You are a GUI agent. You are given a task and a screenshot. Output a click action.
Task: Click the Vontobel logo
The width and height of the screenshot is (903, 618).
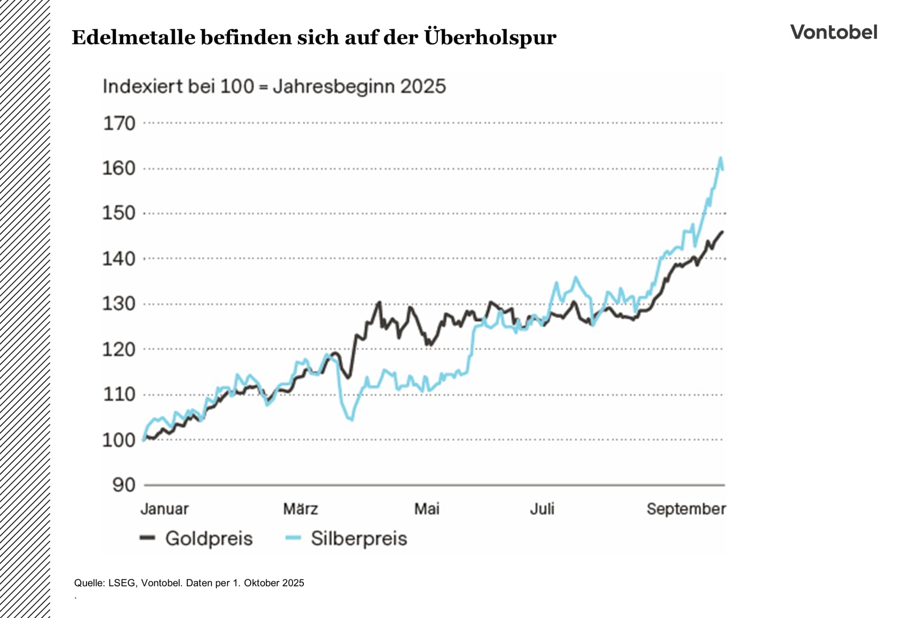pos(833,32)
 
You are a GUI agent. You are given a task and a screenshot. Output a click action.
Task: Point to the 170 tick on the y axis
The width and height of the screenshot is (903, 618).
pos(119,124)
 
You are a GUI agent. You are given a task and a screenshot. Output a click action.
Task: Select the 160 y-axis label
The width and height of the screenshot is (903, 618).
pos(119,169)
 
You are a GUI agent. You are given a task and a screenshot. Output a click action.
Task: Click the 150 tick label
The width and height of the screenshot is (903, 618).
pos(119,213)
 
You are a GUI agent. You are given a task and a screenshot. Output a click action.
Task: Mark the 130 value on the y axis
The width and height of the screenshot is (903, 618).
pos(119,304)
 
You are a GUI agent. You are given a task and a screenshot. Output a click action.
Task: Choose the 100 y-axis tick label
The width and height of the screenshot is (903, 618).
pos(119,441)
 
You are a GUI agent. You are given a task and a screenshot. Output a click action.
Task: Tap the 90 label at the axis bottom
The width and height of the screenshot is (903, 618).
pos(124,485)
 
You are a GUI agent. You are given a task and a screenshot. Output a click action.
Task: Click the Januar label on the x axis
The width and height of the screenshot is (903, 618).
pos(165,509)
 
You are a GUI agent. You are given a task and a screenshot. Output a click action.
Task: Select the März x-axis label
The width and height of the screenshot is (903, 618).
pos(301,509)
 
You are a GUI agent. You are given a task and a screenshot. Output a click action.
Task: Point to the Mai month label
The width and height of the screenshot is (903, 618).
pos(427,509)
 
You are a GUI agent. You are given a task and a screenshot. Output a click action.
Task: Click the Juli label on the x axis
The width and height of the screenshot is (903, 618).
pos(542,509)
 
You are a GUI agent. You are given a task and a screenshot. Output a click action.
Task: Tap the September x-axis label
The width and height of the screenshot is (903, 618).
pos(686,509)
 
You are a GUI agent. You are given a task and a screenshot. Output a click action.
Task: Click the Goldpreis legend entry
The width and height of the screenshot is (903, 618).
pos(208,538)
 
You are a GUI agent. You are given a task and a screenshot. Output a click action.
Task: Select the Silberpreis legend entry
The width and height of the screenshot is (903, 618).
pos(358,538)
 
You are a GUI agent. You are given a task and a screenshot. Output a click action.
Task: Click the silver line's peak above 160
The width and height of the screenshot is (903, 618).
pos(721,159)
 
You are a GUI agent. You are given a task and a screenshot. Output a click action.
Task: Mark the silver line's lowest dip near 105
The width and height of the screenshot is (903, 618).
pos(352,419)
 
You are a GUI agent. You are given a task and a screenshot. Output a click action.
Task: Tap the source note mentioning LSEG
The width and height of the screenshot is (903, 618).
pos(189,583)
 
